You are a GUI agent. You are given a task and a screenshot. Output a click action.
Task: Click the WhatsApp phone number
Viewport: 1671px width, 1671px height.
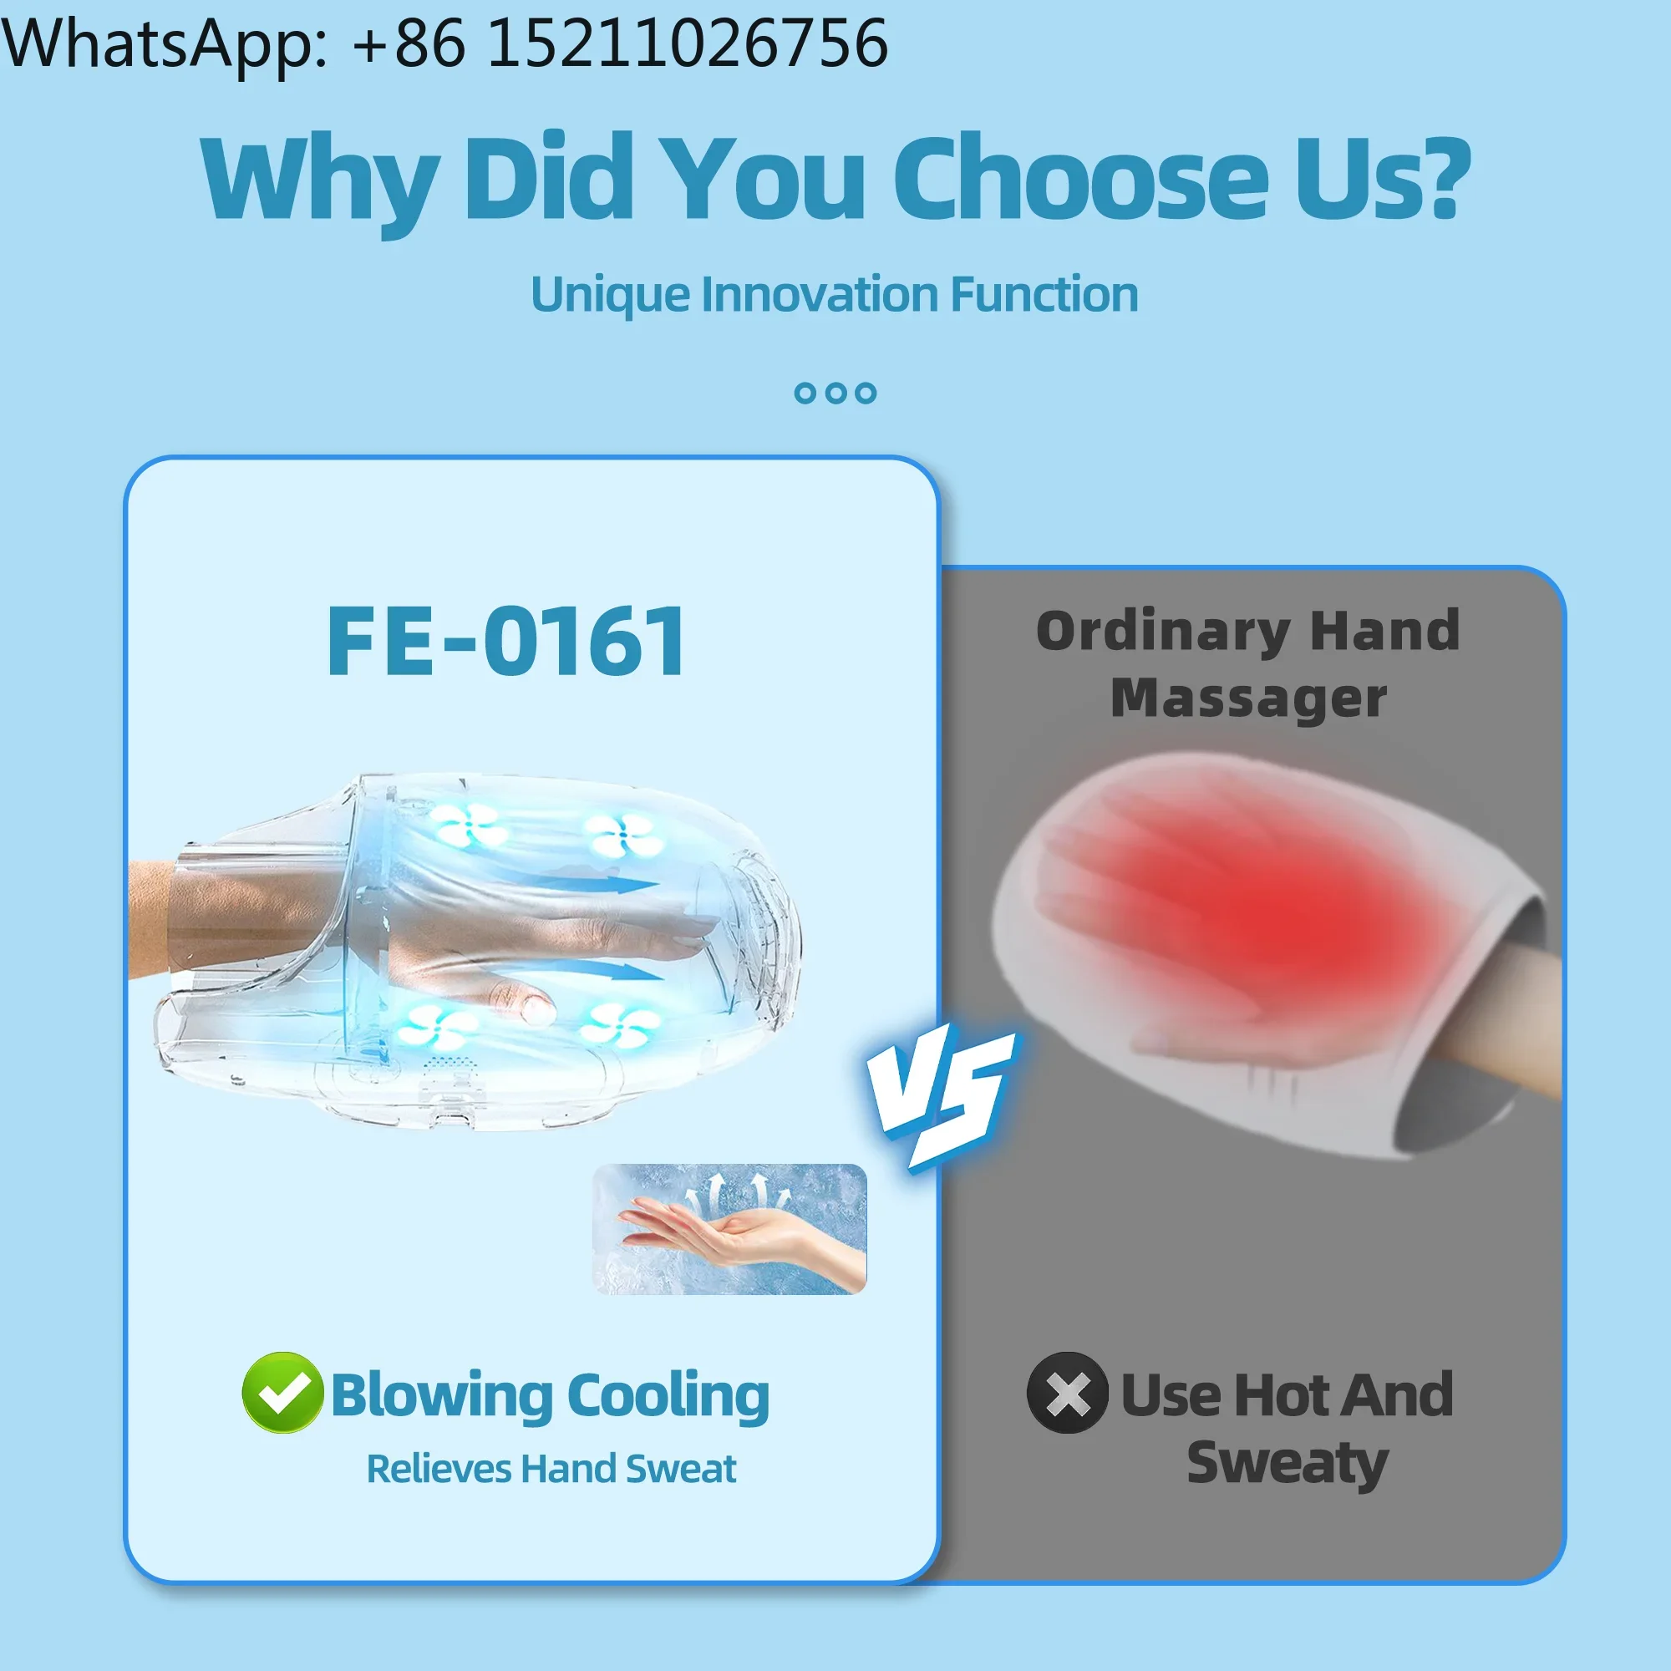(620, 43)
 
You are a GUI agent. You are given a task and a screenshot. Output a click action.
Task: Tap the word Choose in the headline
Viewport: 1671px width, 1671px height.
(1080, 177)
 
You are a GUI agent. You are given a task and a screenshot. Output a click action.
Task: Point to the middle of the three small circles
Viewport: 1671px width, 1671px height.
(835, 394)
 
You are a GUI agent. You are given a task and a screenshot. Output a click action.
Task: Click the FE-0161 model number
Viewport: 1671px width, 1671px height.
(506, 641)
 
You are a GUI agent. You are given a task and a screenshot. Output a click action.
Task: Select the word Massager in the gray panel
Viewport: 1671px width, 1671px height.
(1248, 698)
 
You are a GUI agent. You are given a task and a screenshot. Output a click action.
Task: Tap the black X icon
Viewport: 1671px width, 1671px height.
(1067, 1393)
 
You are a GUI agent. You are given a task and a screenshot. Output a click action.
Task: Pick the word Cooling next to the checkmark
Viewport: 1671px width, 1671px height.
(668, 1396)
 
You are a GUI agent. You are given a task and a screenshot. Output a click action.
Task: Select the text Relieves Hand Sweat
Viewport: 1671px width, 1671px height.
(551, 1469)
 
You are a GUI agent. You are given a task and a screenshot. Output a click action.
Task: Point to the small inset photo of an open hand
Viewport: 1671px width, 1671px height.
(729, 1229)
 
